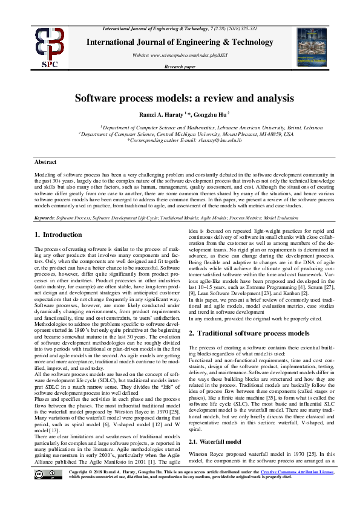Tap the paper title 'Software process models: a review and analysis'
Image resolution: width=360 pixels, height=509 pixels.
tap(185, 98)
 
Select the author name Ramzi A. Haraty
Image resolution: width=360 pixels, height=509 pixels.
tap(165, 114)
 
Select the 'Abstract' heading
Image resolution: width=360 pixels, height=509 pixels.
tap(46, 162)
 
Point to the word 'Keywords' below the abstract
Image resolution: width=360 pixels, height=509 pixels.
tap(44, 216)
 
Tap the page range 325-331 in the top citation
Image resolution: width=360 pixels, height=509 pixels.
tap(250, 28)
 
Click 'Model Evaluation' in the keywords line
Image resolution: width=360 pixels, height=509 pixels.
tap(297, 216)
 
